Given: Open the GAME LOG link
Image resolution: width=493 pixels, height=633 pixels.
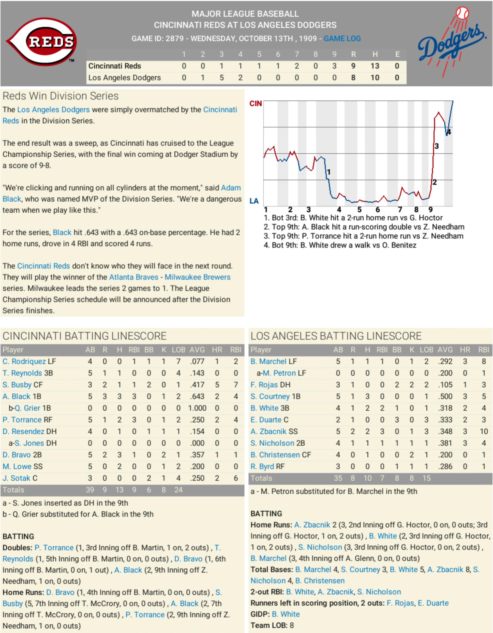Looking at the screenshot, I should coord(342,39).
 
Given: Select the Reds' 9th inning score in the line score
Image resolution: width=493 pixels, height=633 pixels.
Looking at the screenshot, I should coord(334,66).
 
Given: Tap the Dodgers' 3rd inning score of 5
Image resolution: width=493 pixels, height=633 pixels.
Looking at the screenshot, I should coord(221,78).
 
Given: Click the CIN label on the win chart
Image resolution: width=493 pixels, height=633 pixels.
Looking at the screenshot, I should coord(255,104).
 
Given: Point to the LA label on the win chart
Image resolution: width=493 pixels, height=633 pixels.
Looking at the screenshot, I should coord(254,201).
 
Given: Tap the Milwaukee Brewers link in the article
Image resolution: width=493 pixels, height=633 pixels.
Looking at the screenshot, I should coord(197,277).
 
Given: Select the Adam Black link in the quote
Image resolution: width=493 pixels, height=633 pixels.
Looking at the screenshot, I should coord(231,188).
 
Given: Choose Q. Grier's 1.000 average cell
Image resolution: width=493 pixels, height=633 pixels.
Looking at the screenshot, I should coord(197,408).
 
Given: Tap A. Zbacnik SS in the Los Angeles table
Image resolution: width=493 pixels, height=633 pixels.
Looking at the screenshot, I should coord(274,431).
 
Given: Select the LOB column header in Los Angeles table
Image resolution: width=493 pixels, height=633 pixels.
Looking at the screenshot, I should coord(426,350).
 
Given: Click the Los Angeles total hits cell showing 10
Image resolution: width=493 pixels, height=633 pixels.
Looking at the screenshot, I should coord(367,478).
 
